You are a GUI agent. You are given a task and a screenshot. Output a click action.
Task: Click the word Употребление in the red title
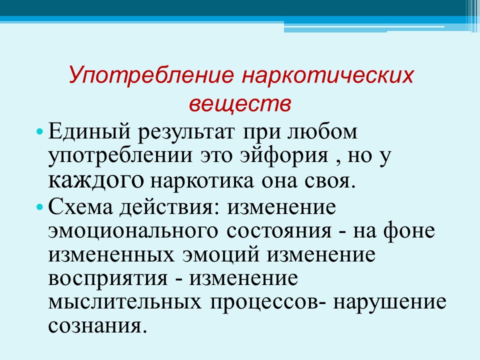151,75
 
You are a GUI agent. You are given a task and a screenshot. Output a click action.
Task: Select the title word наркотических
327,75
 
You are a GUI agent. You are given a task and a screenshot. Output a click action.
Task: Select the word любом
322,131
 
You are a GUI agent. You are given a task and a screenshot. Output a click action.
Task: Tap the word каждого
96,181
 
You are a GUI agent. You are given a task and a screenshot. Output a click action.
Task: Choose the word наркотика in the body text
202,181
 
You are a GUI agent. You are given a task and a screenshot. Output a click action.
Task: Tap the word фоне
409,231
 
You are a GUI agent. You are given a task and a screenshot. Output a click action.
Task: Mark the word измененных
111,255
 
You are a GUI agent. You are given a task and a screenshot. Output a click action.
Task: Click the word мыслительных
125,302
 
